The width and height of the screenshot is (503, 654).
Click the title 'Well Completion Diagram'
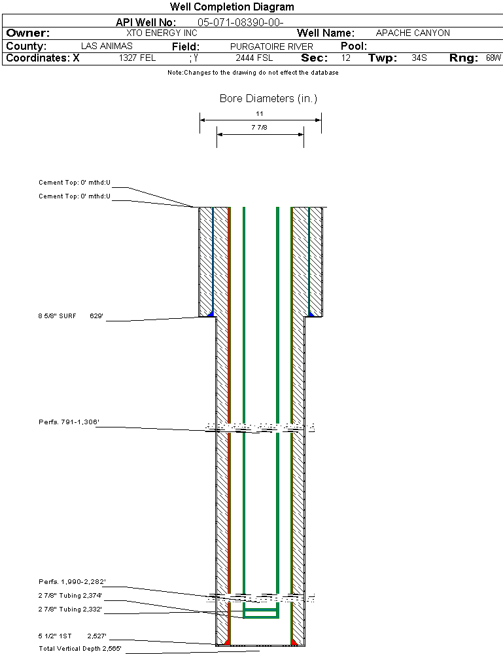pyautogui.click(x=232, y=7)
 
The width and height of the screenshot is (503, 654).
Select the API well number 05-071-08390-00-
pyautogui.click(x=241, y=22)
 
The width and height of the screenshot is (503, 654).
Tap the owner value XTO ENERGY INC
pyautogui.click(x=162, y=33)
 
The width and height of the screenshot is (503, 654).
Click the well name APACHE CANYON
pyautogui.click(x=413, y=33)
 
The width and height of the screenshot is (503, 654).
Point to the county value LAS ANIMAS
pyautogui.click(x=107, y=46)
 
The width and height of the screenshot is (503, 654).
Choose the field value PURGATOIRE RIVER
pyautogui.click(x=271, y=46)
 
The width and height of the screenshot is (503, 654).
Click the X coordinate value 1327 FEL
pyautogui.click(x=137, y=58)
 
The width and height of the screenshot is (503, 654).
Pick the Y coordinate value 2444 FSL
pyautogui.click(x=254, y=58)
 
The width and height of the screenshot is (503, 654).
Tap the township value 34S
pyautogui.click(x=419, y=58)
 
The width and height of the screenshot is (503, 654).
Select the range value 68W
pyautogui.click(x=493, y=58)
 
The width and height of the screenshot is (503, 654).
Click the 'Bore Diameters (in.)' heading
pyautogui.click(x=268, y=98)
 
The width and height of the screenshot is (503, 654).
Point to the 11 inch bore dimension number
pyautogui.click(x=260, y=113)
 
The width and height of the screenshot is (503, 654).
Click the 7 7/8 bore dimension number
pyautogui.click(x=259, y=127)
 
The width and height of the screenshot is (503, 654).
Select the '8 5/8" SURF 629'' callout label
pyautogui.click(x=71, y=316)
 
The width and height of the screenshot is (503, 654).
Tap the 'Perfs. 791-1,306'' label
pyautogui.click(x=69, y=422)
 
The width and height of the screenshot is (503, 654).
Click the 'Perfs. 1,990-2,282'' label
pyautogui.click(x=72, y=582)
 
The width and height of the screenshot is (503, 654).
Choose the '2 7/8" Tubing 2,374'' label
pyautogui.click(x=70, y=596)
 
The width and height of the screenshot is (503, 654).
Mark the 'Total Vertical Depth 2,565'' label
pyautogui.click(x=80, y=649)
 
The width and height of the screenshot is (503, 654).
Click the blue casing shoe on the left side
pyautogui.click(x=211, y=313)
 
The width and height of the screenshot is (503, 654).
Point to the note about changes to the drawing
pyautogui.click(x=253, y=73)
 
